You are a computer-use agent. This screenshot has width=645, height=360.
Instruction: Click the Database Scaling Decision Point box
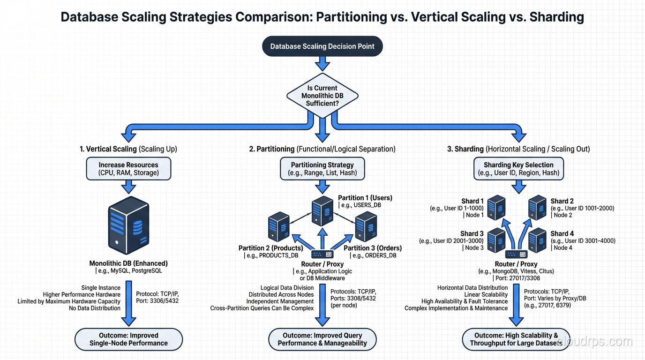[x=322, y=46]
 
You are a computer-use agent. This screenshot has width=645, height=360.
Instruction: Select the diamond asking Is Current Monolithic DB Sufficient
[x=322, y=96]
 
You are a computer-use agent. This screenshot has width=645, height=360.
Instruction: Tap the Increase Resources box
[x=128, y=169]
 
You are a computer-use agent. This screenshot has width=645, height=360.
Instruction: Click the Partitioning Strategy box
[x=322, y=169]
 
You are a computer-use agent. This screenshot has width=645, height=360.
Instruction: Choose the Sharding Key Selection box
[x=519, y=169]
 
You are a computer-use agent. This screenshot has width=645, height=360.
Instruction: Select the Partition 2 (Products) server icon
[x=279, y=226]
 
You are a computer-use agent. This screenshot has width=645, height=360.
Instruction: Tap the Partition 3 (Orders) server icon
[x=366, y=226]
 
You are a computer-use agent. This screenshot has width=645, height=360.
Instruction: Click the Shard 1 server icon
[x=496, y=208]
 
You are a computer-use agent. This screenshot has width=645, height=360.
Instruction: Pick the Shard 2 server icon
[x=538, y=208]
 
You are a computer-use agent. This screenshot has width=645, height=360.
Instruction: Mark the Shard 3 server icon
[x=496, y=240]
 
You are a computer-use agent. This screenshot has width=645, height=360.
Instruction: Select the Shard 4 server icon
[x=538, y=240]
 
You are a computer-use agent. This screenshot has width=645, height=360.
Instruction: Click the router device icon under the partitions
[x=322, y=254]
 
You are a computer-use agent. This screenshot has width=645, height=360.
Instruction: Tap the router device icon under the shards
[x=516, y=255]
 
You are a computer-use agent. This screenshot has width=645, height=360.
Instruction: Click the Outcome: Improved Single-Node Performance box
[x=128, y=339]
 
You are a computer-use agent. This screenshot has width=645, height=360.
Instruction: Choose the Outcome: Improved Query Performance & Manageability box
[x=322, y=339]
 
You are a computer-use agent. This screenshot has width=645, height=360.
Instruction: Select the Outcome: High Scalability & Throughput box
[x=516, y=339]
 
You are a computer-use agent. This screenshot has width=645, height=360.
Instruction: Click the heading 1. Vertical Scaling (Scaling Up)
[x=128, y=149]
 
